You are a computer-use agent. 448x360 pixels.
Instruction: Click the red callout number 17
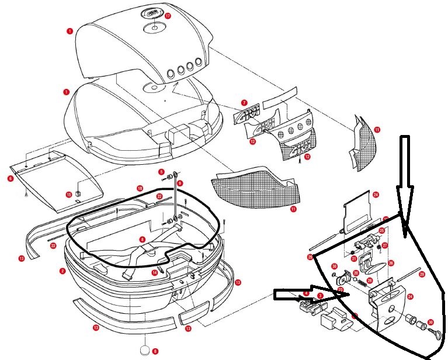(168, 16)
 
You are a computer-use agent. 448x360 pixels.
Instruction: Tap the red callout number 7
(244, 103)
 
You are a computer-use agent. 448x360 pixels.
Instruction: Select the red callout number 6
(10, 178)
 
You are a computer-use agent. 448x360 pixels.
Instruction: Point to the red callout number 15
(68, 194)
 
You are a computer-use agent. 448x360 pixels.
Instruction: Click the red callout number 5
(161, 172)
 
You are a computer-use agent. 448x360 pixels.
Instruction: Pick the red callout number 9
(180, 183)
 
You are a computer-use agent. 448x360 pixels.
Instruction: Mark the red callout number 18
(140, 188)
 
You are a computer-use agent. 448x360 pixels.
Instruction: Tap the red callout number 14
(155, 272)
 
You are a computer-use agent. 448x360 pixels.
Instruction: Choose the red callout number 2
(62, 271)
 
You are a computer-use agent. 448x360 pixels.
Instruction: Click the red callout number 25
(381, 231)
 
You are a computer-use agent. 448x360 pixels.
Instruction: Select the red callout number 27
(385, 246)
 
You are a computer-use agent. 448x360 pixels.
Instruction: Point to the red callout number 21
(354, 258)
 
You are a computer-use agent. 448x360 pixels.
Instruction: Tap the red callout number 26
(391, 263)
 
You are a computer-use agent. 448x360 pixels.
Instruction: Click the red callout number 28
(369, 281)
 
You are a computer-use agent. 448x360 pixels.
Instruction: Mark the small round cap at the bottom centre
(145, 351)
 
